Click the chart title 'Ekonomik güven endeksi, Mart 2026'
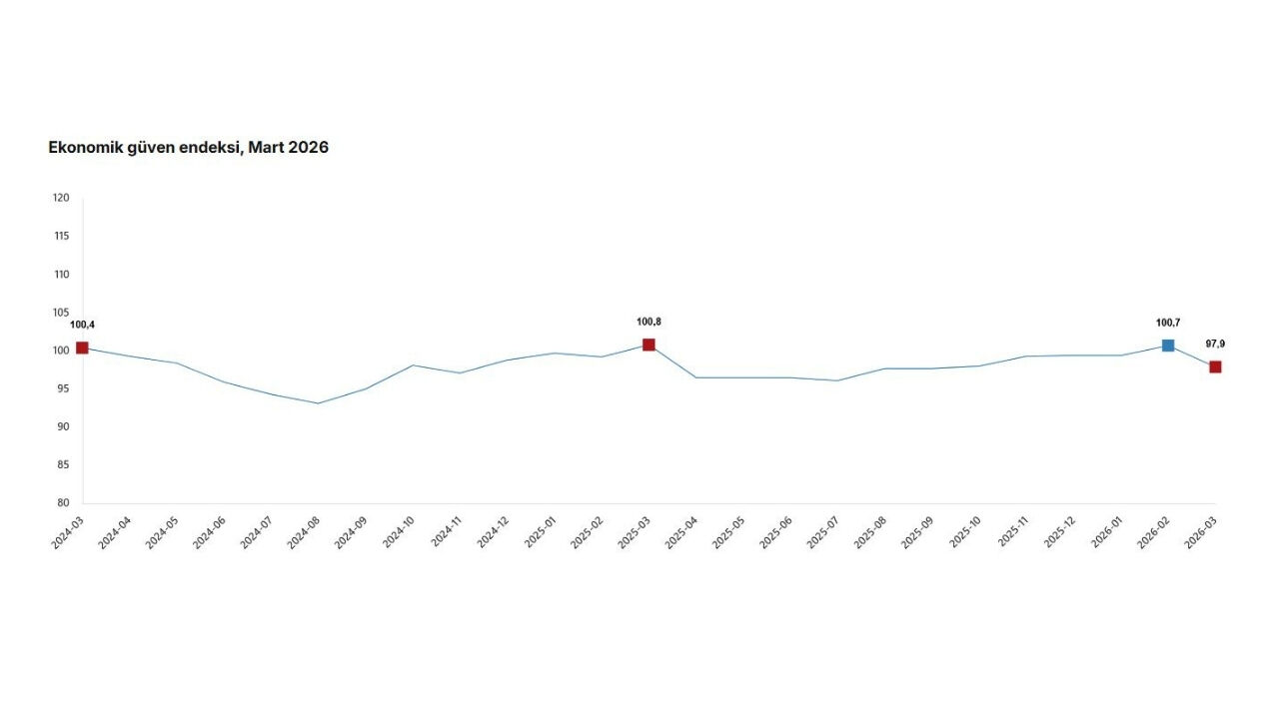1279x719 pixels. (188, 148)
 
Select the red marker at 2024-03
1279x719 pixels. (82, 348)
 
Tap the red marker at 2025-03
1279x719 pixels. (648, 345)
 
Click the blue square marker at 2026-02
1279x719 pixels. (1168, 346)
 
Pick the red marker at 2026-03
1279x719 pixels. (1215, 366)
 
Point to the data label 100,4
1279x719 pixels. (82, 325)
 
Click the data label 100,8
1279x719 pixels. (648, 322)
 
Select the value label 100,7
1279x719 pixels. (1168, 323)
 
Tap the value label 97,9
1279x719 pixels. (1215, 344)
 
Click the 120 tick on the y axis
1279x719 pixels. (61, 198)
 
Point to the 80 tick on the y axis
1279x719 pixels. (62, 503)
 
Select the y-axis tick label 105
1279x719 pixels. (61, 313)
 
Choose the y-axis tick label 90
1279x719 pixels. (62, 426)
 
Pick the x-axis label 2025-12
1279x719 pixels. (1059, 532)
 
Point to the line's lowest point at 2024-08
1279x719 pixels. (318, 403)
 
